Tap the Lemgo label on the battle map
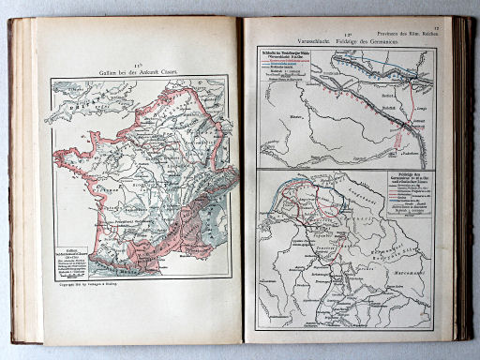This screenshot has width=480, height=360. coord(416,110)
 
